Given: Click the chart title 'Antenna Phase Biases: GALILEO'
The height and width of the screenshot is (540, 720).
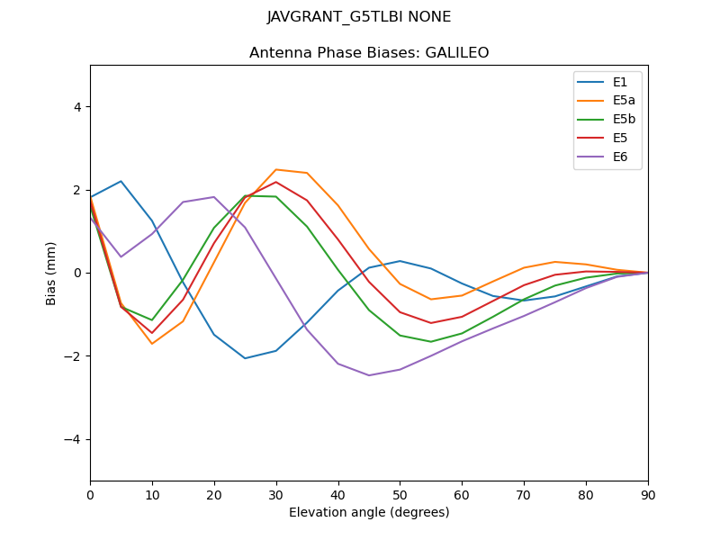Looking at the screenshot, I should click(x=369, y=53).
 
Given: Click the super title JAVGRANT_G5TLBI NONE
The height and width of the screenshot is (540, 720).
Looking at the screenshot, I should click(x=359, y=17).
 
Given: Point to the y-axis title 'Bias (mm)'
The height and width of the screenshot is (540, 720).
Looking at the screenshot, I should click(x=51, y=273).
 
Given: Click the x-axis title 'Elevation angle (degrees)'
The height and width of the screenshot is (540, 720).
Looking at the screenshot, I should click(x=369, y=513).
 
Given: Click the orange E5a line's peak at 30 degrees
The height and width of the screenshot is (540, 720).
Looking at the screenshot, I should click(x=276, y=169).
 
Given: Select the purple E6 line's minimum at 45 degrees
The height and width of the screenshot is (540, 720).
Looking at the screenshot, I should click(x=369, y=375).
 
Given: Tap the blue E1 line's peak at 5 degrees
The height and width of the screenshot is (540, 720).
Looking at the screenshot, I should click(x=121, y=181).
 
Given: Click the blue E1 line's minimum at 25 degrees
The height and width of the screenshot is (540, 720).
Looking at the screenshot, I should click(x=245, y=358).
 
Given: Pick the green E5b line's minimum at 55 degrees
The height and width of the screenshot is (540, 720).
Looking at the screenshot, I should click(x=431, y=342).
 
